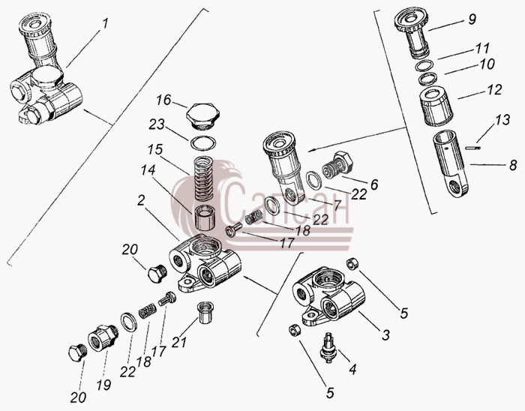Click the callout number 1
(x=106, y=24)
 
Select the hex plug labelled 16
(x=203, y=115)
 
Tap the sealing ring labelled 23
(x=203, y=143)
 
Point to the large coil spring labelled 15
(x=205, y=178)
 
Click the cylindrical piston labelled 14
(x=205, y=217)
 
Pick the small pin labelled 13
(x=472, y=148)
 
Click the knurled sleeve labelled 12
(x=436, y=106)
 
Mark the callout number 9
(x=472, y=19)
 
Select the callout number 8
(x=513, y=166)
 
